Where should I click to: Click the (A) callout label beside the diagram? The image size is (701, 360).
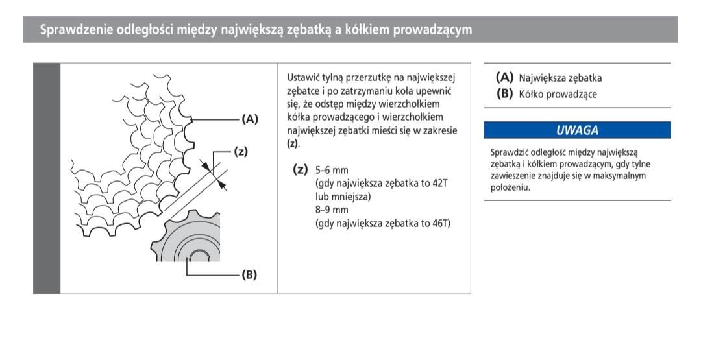pos(249,119)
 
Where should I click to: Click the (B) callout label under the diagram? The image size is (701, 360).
pos(249,274)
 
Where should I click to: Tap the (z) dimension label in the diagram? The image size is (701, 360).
pos(241,152)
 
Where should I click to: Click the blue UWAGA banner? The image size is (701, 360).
pos(577,130)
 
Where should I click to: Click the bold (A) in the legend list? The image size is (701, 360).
pos(504,77)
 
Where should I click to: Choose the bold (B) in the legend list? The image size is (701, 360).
pos(504,93)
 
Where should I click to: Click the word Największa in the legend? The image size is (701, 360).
pos(541,78)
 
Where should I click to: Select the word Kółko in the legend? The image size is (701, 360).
pos(531,94)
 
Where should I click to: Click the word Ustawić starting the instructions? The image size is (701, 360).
pos(304,78)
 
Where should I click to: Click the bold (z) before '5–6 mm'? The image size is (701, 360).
pos(300,170)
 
